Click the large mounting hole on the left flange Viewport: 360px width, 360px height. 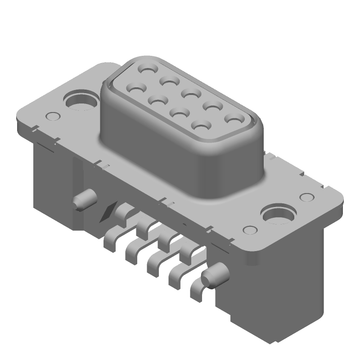point(81,101)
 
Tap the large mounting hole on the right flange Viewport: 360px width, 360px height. point(279,215)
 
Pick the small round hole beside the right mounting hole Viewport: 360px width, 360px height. point(306,198)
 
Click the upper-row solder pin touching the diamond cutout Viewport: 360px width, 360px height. point(121,210)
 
